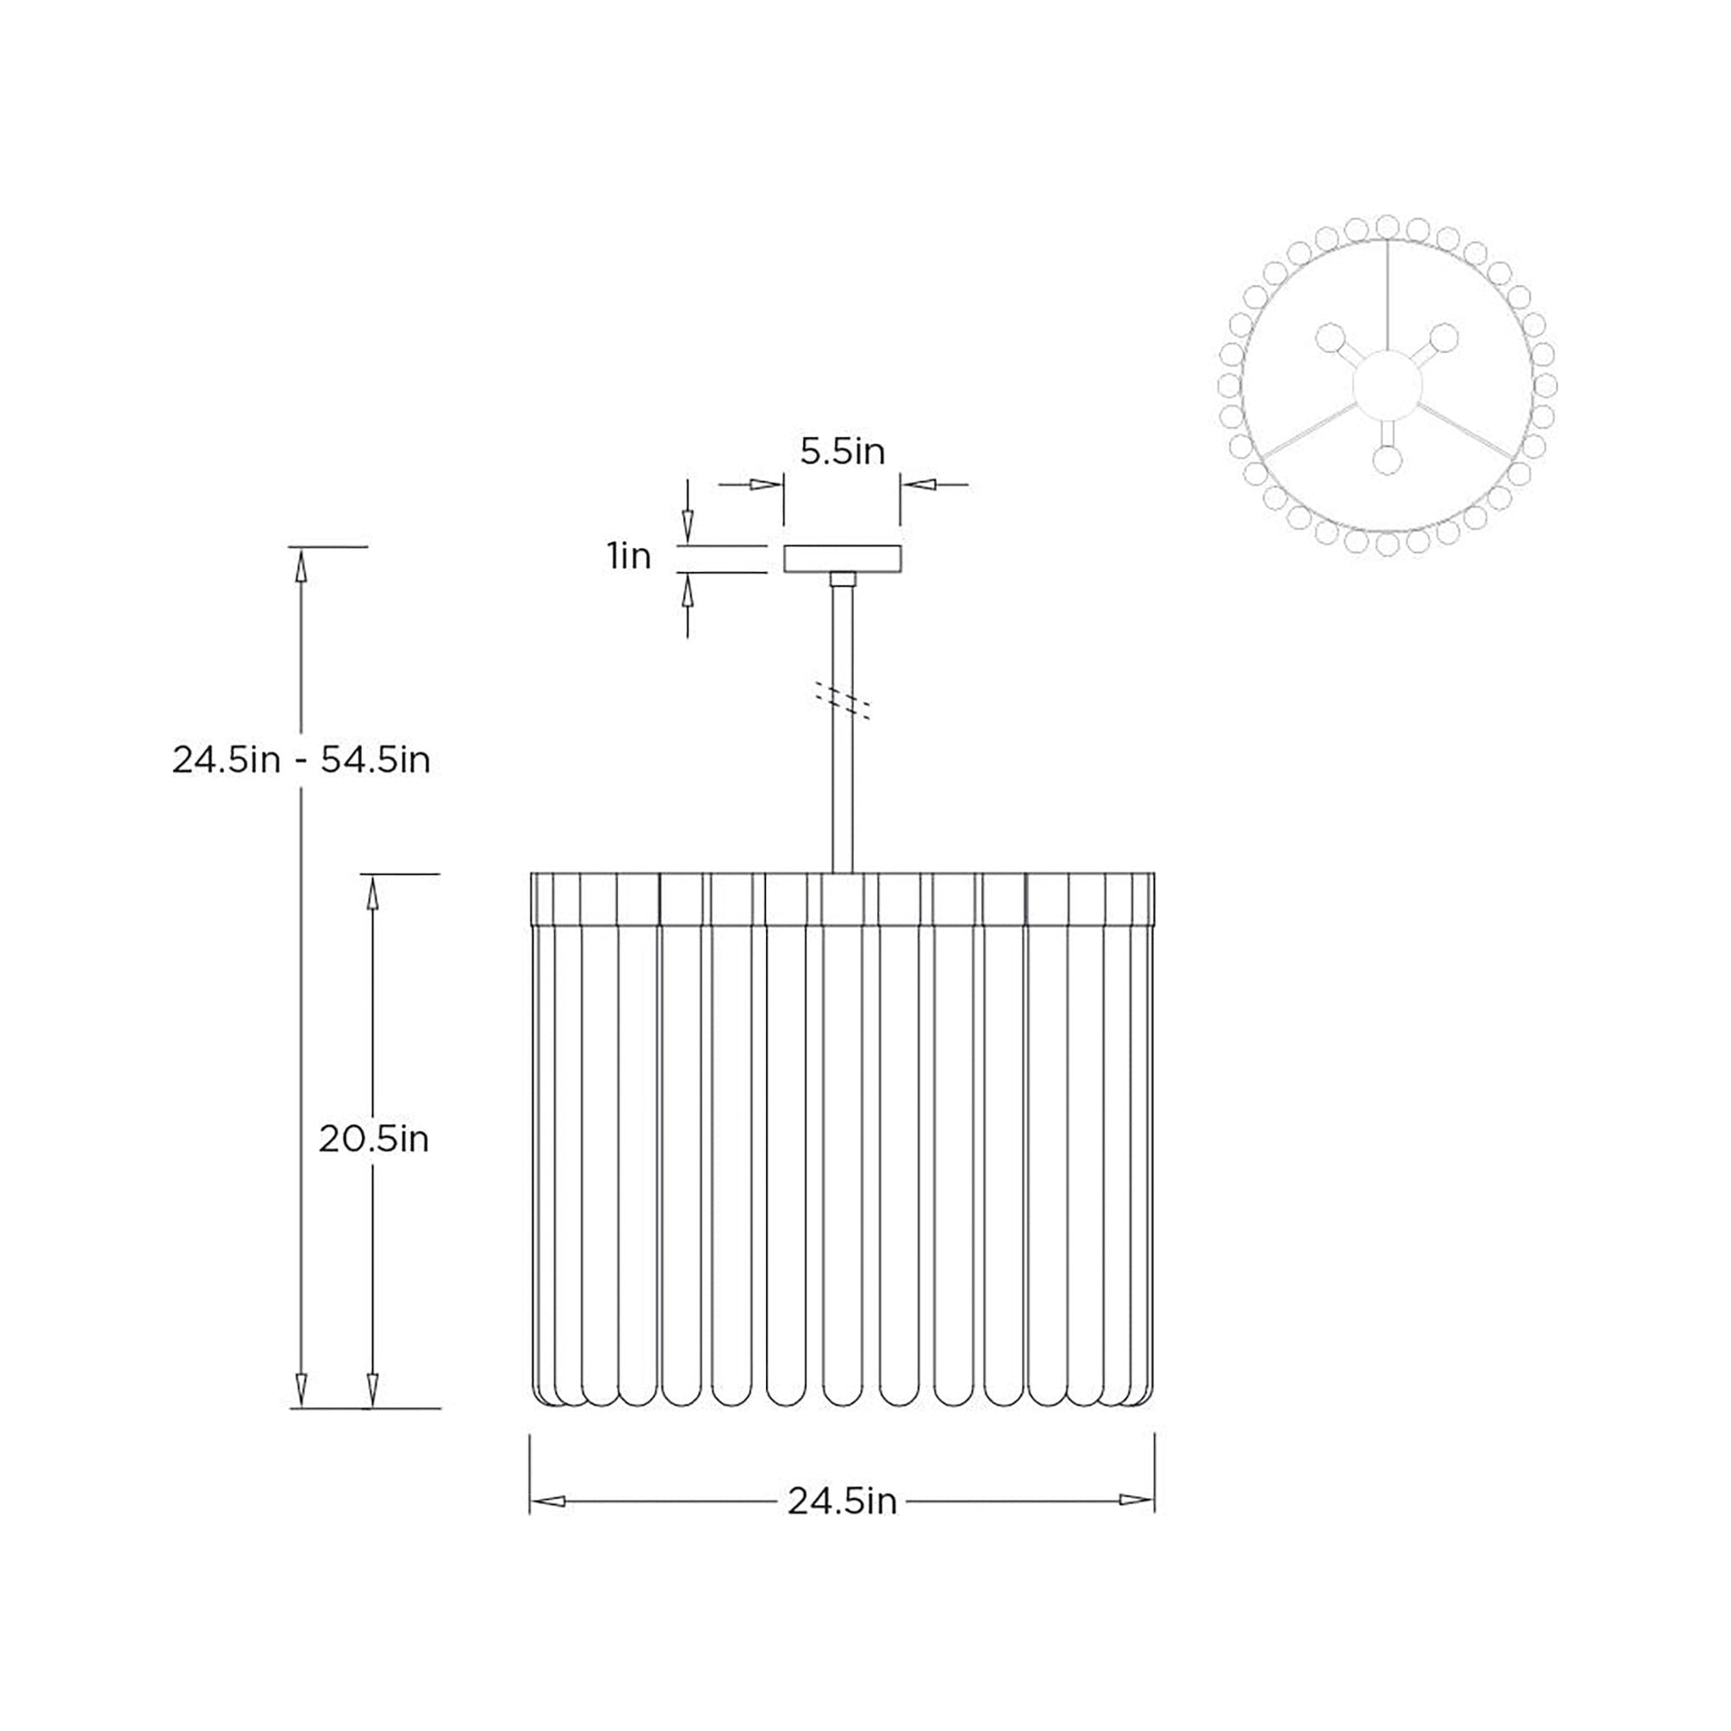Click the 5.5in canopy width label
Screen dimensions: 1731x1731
click(x=842, y=452)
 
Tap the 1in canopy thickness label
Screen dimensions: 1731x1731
click(x=629, y=557)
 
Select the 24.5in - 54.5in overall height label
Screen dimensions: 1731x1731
click(x=301, y=761)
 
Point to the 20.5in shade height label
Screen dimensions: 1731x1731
click(x=374, y=1139)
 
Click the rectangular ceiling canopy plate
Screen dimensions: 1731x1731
click(x=842, y=559)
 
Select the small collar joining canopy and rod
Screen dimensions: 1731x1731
click(x=842, y=579)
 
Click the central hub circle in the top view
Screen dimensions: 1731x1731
click(x=1387, y=384)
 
